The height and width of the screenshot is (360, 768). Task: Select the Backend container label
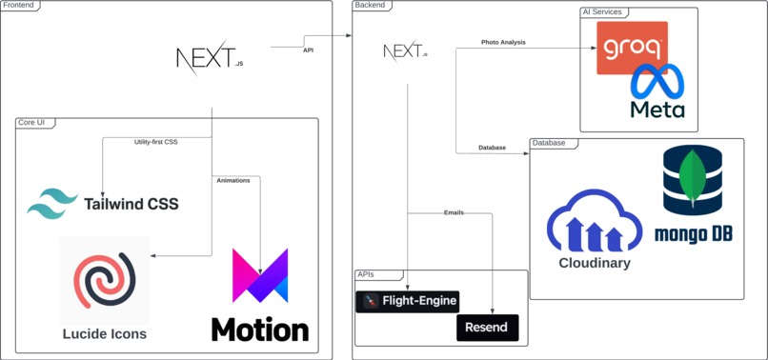tap(372, 6)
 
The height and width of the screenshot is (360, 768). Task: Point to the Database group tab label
tap(549, 143)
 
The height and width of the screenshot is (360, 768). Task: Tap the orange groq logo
tap(632, 47)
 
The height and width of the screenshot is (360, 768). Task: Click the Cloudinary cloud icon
tap(594, 223)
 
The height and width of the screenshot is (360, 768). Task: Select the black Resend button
tap(488, 328)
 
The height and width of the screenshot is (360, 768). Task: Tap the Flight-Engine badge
tap(408, 302)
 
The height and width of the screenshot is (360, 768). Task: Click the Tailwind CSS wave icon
tap(52, 204)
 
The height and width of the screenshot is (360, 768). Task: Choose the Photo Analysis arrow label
tap(503, 42)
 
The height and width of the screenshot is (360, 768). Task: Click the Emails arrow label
tap(454, 212)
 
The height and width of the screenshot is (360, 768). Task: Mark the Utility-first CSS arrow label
tap(156, 142)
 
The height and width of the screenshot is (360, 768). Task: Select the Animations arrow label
tap(232, 180)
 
